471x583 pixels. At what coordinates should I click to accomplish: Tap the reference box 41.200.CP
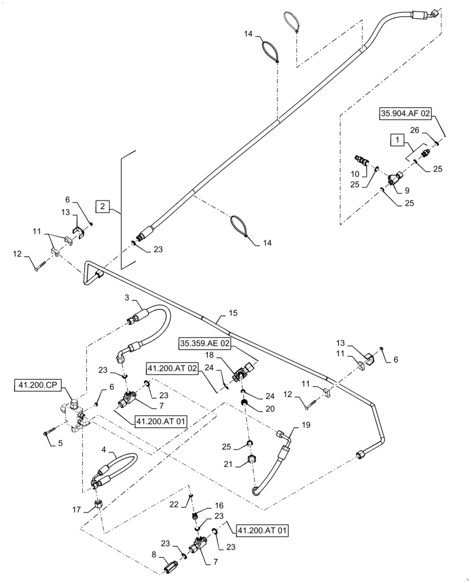point(39,386)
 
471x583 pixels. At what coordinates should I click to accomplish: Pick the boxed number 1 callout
point(397,141)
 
